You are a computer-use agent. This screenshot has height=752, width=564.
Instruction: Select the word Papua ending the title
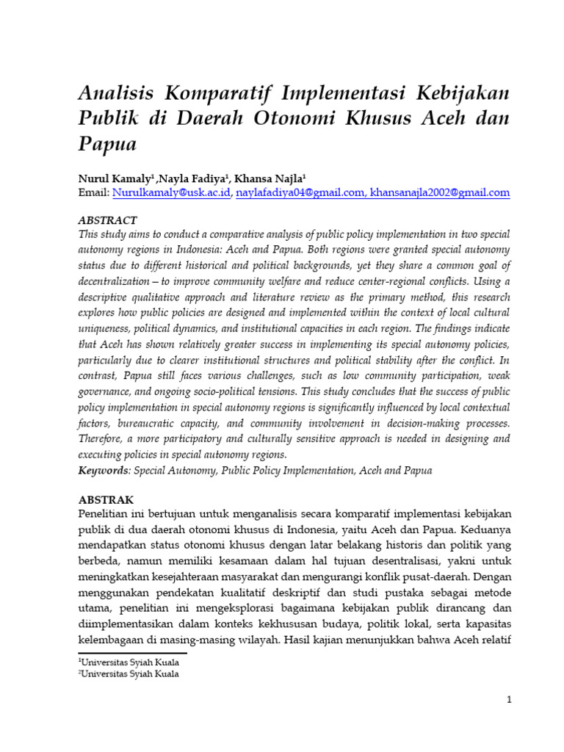pos(107,143)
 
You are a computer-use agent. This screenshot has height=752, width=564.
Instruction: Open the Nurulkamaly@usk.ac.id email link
pos(170,192)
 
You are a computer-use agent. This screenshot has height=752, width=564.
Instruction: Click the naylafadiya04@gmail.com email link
pos(302,192)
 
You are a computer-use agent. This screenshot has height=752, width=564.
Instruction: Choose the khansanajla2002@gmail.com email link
pos(440,192)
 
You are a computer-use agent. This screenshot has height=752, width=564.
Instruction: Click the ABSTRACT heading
pos(107,220)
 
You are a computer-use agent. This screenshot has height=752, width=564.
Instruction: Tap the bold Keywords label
pos(103,471)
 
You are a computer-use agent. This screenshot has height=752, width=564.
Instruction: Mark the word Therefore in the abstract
pos(103,438)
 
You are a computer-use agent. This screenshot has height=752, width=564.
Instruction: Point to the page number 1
pos(508,700)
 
